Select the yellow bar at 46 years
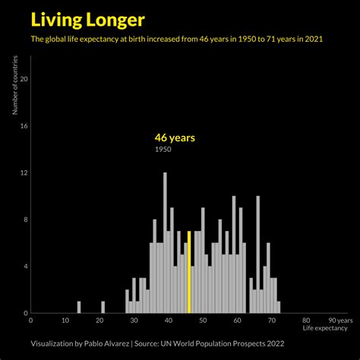point(189,272)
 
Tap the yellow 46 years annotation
point(175,137)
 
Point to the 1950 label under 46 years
point(163,150)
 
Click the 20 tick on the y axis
point(24,79)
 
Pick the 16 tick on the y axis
point(24,126)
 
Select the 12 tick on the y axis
point(24,172)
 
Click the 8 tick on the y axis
point(26,219)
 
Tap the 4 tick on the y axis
point(26,267)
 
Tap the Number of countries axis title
point(14,89)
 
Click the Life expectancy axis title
point(324,328)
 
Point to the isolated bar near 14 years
point(78,307)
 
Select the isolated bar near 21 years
point(103,307)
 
